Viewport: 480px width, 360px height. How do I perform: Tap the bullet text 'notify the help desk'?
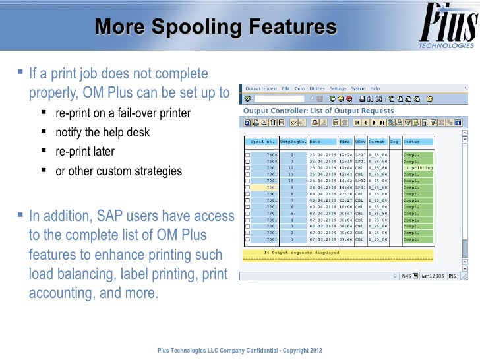tap(102, 133)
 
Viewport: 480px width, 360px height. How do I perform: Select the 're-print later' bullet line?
tap(84, 152)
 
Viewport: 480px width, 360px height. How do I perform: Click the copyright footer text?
tap(240, 349)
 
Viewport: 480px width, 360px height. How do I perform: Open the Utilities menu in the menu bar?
tap(317, 88)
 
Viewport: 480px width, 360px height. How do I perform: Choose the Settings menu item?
tap(338, 88)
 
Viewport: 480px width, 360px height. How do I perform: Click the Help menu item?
tap(375, 88)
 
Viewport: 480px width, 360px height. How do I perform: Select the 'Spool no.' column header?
tap(262, 142)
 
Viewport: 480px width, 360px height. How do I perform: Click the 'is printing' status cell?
tap(417, 167)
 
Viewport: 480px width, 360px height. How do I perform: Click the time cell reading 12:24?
tap(345, 155)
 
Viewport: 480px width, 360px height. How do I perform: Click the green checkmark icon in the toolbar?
tap(247, 99)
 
